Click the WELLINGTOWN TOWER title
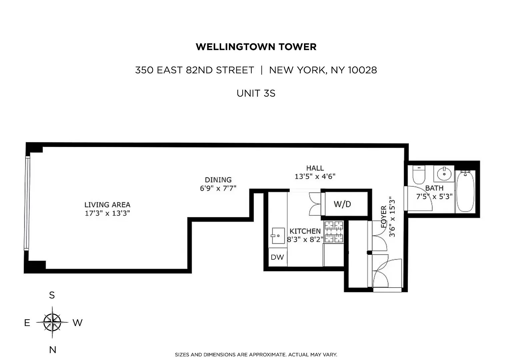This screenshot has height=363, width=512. pos(256,47)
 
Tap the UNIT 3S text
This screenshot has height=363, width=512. pos(256,93)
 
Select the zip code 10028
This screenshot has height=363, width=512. pos(362,70)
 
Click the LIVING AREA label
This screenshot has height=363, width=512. pos(107,205)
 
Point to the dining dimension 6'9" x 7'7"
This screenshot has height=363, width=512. pos(218,188)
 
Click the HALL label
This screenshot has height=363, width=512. pos(315,168)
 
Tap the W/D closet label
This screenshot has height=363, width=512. pos(342,204)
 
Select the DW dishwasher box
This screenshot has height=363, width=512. pos(277,257)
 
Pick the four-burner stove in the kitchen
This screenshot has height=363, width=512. pos(334,232)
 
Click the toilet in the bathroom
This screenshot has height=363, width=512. pos(419,175)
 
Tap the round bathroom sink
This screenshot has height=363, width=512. pos(444,174)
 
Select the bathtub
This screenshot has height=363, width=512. pos(465,192)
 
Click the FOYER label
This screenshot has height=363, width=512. pos(384,217)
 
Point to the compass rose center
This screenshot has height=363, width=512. pos(52,322)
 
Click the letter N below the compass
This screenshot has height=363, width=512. pos(53,350)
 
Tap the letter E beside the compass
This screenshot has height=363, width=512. pos(27,323)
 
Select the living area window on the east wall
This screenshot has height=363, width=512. pos(27,203)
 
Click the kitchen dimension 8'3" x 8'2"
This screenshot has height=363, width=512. pos(305,239)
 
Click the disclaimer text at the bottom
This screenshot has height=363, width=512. pos(256,355)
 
